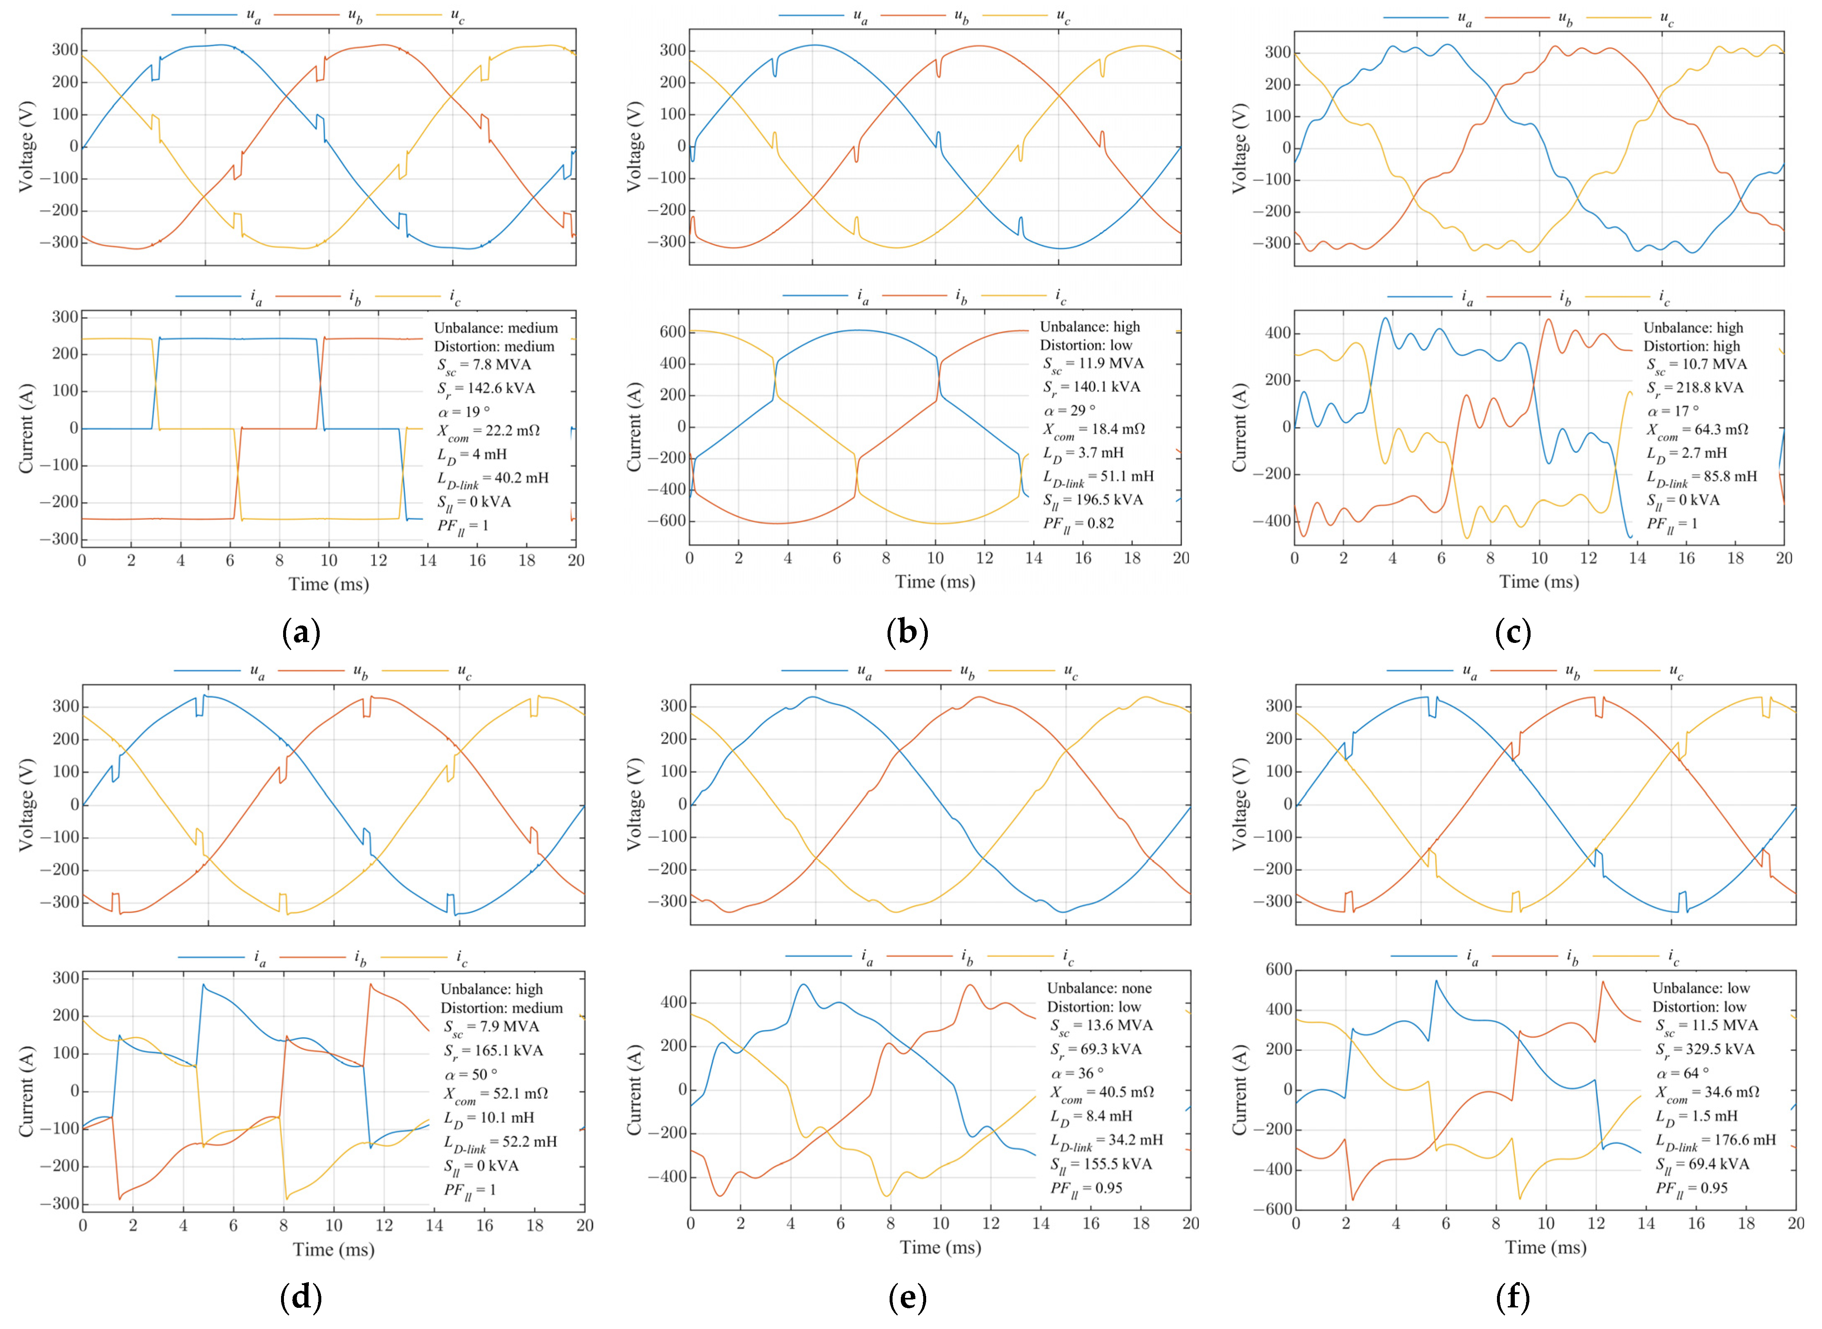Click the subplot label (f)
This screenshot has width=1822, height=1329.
[x=1512, y=1297]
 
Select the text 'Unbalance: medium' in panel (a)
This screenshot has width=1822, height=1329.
[x=496, y=328]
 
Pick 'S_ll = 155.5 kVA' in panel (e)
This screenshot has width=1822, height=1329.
[x=1101, y=1164]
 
